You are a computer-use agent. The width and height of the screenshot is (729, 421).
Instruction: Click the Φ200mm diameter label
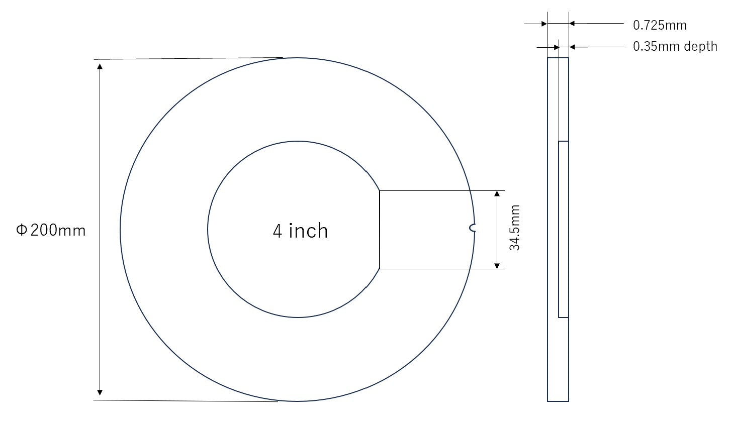[x=51, y=231]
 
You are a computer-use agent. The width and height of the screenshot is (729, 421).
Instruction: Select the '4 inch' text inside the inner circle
[x=300, y=231]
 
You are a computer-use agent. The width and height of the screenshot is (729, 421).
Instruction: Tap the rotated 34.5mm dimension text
[x=514, y=228]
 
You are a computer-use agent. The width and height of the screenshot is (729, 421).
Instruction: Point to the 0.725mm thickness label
[x=659, y=25]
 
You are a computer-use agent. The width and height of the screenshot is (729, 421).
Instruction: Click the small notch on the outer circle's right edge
[x=472, y=229]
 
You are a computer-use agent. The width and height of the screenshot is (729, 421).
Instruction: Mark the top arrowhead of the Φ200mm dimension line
[x=100, y=65]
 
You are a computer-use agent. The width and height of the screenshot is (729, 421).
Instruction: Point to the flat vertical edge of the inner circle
[x=380, y=230]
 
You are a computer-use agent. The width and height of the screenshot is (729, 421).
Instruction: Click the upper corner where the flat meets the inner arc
[x=380, y=191]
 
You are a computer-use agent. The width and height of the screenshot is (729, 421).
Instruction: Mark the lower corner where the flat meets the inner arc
[x=380, y=269]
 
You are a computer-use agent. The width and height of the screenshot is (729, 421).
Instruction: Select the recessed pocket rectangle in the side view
[x=563, y=229]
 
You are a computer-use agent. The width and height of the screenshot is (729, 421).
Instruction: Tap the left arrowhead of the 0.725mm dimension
[x=544, y=23]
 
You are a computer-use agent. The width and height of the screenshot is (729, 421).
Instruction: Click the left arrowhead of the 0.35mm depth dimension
[x=556, y=47]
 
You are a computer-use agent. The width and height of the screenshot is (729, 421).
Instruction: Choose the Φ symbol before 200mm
[x=21, y=231]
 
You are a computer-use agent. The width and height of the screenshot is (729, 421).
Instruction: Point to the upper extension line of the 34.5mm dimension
[x=437, y=190]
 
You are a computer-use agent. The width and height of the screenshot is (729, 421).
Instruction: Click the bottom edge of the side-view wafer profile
[x=558, y=401]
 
